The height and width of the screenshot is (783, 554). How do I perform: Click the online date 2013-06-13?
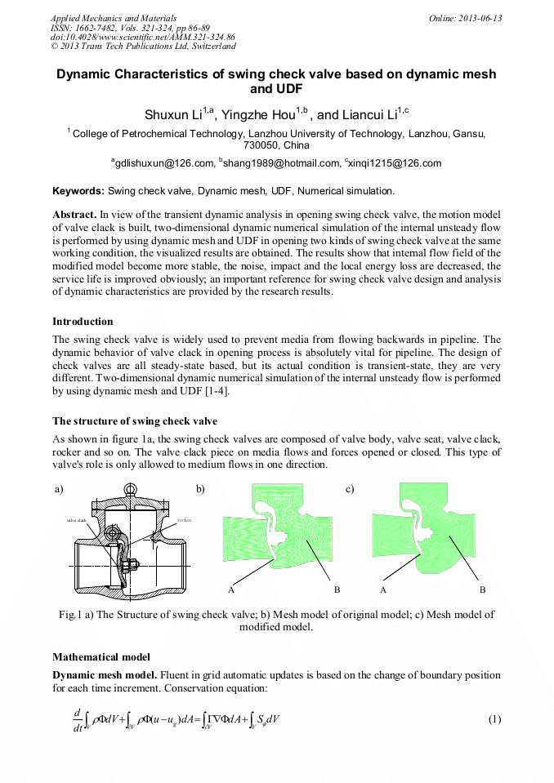pyautogui.click(x=481, y=18)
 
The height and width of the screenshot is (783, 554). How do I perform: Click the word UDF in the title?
pyautogui.click(x=276, y=91)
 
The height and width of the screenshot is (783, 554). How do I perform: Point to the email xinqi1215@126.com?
pyautogui.click(x=394, y=163)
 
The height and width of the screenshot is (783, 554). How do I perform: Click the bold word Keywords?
pyautogui.click(x=78, y=192)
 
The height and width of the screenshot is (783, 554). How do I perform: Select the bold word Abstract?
pyautogui.click(x=74, y=214)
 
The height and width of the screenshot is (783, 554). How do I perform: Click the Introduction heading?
pyautogui.click(x=83, y=321)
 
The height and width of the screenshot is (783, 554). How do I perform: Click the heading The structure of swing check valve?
pyautogui.click(x=135, y=421)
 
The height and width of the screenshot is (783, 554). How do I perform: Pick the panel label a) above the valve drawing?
pyautogui.click(x=59, y=489)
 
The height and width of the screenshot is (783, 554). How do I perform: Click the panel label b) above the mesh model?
pyautogui.click(x=200, y=489)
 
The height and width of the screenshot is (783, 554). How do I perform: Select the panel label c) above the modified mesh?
pyautogui.click(x=350, y=489)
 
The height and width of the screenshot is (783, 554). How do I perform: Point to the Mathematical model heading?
pyautogui.click(x=102, y=656)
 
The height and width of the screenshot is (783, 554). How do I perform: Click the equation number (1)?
pyautogui.click(x=494, y=718)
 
